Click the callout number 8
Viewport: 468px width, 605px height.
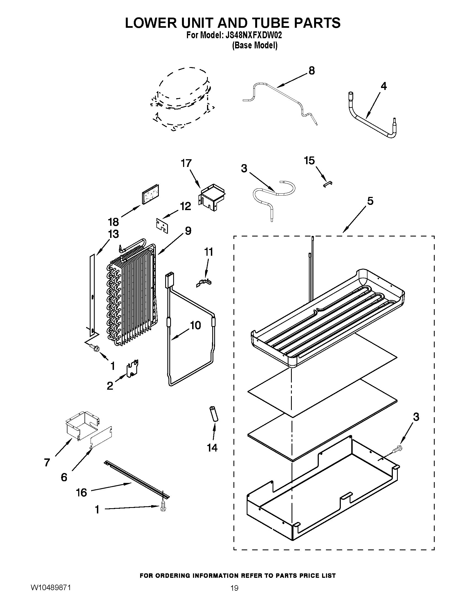point(312,71)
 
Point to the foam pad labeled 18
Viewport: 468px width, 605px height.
point(151,194)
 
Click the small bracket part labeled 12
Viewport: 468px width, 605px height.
point(162,226)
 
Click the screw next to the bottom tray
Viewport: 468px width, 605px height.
point(398,448)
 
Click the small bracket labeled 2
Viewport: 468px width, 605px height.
point(132,369)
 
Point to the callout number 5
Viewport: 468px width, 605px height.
point(370,201)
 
